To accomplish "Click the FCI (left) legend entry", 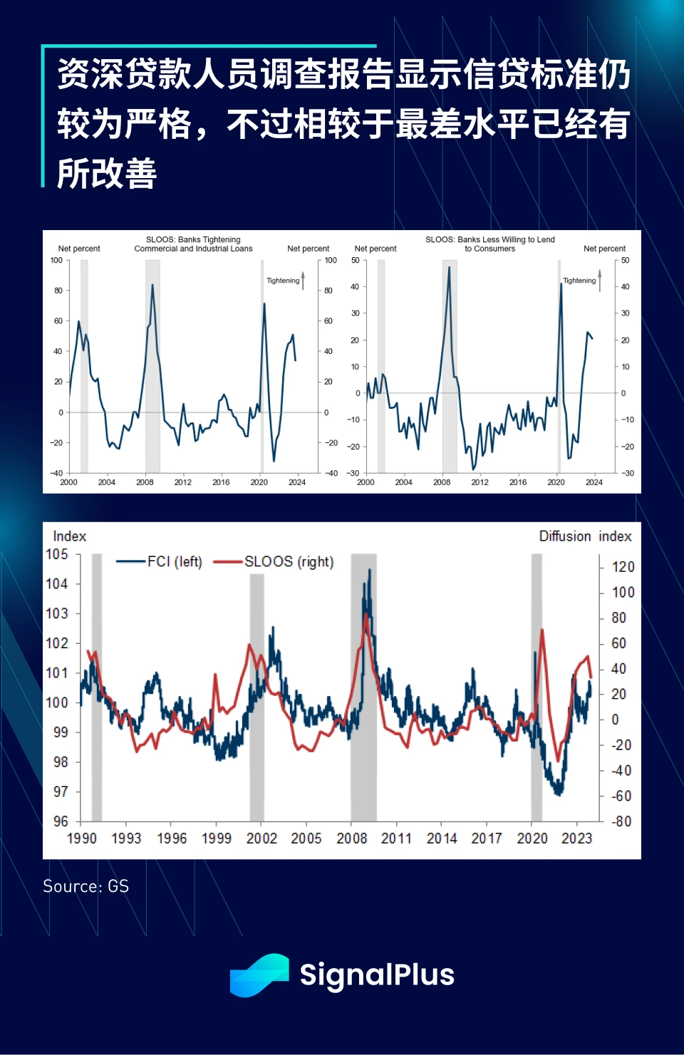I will pos(160,562).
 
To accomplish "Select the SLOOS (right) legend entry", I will pos(274,562).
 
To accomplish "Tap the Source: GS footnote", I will pos(85,886).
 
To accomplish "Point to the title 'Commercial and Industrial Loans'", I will pos(193,249).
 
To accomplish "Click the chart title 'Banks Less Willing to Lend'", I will pos(489,240).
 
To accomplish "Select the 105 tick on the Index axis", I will pos(57,554).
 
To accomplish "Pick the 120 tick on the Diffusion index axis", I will pos(623,567).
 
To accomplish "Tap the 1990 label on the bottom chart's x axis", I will pos(81,838).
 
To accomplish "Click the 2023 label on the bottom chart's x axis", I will pos(576,838).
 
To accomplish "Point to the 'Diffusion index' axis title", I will pos(585,536).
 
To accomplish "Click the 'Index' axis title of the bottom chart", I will pos(69,536).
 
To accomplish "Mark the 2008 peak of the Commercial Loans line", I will pos(152,285).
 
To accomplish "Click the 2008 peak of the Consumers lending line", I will pos(449,266).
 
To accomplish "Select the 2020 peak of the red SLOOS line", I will pos(542,630).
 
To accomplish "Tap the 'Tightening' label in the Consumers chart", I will pos(579,281).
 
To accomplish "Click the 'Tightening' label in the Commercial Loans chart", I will pos(283,281).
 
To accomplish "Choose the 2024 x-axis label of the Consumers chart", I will pos(594,482).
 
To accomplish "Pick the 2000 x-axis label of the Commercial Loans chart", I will pos(68,482).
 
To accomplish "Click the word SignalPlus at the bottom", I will pos(377,975).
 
